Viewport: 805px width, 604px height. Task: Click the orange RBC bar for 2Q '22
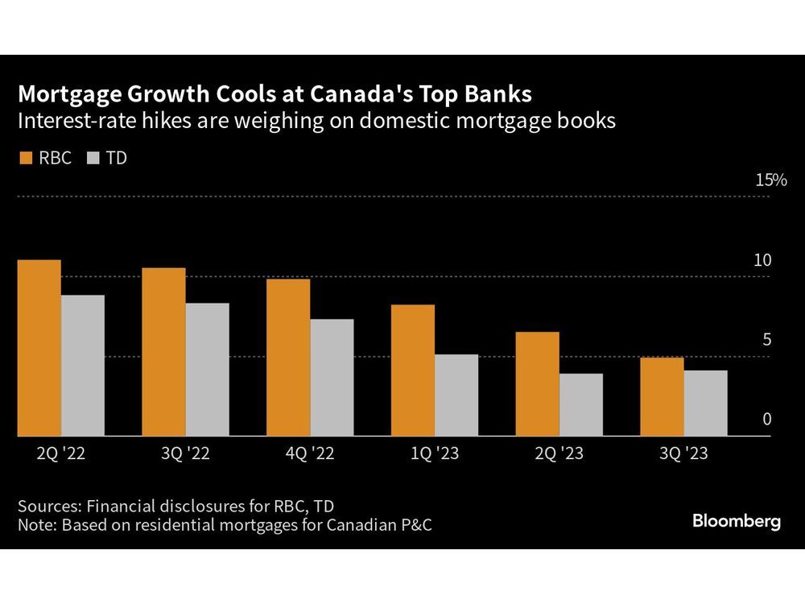39,348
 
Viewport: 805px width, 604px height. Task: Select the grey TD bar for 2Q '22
83,366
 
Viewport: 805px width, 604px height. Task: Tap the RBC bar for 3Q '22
163,352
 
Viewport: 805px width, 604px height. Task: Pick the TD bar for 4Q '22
332,378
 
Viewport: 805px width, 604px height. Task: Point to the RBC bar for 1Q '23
412,370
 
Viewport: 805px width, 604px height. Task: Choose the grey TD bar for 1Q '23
456,395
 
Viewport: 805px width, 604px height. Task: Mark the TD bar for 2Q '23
581,405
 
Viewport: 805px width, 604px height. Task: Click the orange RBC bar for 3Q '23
662,397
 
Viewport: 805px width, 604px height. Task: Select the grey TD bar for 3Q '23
706,403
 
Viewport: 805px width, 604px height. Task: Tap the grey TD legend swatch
90,158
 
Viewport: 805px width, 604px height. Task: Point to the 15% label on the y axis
770,180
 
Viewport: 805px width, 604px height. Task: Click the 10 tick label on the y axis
762,260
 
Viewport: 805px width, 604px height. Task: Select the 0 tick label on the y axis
767,419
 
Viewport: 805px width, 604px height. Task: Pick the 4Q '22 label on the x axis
310,454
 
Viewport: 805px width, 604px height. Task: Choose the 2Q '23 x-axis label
559,454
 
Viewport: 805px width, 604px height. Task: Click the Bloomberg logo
737,521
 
